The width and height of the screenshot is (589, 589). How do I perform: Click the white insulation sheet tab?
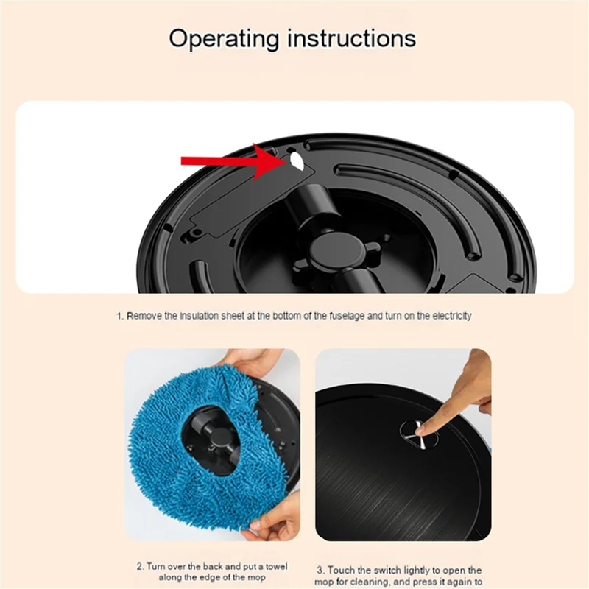click(x=295, y=160)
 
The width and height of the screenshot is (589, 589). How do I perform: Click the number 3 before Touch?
click(x=320, y=570)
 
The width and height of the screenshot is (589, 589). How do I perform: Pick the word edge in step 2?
click(x=204, y=577)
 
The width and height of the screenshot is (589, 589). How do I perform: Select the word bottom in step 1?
click(x=277, y=315)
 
